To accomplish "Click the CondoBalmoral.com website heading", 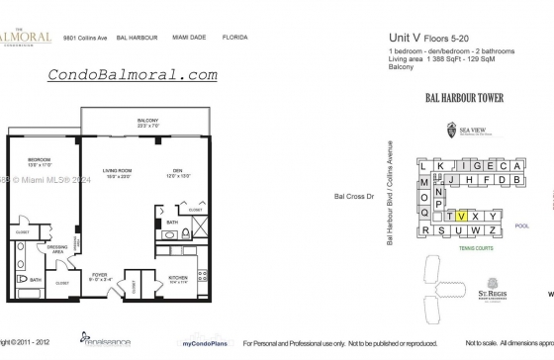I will point(133,74).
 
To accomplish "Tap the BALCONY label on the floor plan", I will point(147,121).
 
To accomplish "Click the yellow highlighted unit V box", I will point(462,216).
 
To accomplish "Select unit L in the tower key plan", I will point(424,167).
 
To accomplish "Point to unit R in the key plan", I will point(425,231).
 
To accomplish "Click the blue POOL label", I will point(523,225).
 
